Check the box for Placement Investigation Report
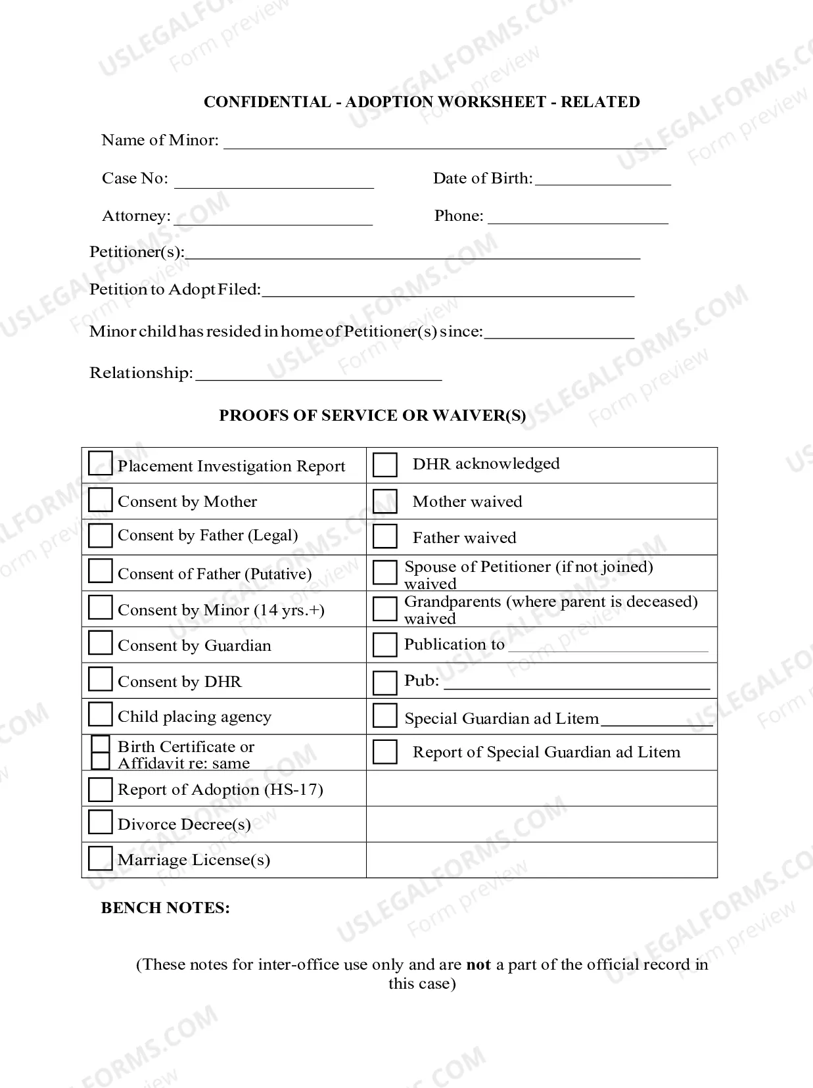click(100, 463)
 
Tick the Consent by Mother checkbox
click(100, 500)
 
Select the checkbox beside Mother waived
click(384, 501)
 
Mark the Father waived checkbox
click(384, 536)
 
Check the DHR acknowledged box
click(384, 464)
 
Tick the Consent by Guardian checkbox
click(100, 643)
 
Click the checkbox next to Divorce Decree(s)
click(100, 822)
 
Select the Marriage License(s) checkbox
click(100, 858)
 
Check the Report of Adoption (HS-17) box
click(100, 789)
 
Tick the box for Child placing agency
click(100, 714)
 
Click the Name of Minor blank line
click(444, 143)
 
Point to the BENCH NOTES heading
click(165, 908)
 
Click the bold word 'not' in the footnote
click(478, 964)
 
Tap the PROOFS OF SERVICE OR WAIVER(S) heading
click(372, 415)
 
